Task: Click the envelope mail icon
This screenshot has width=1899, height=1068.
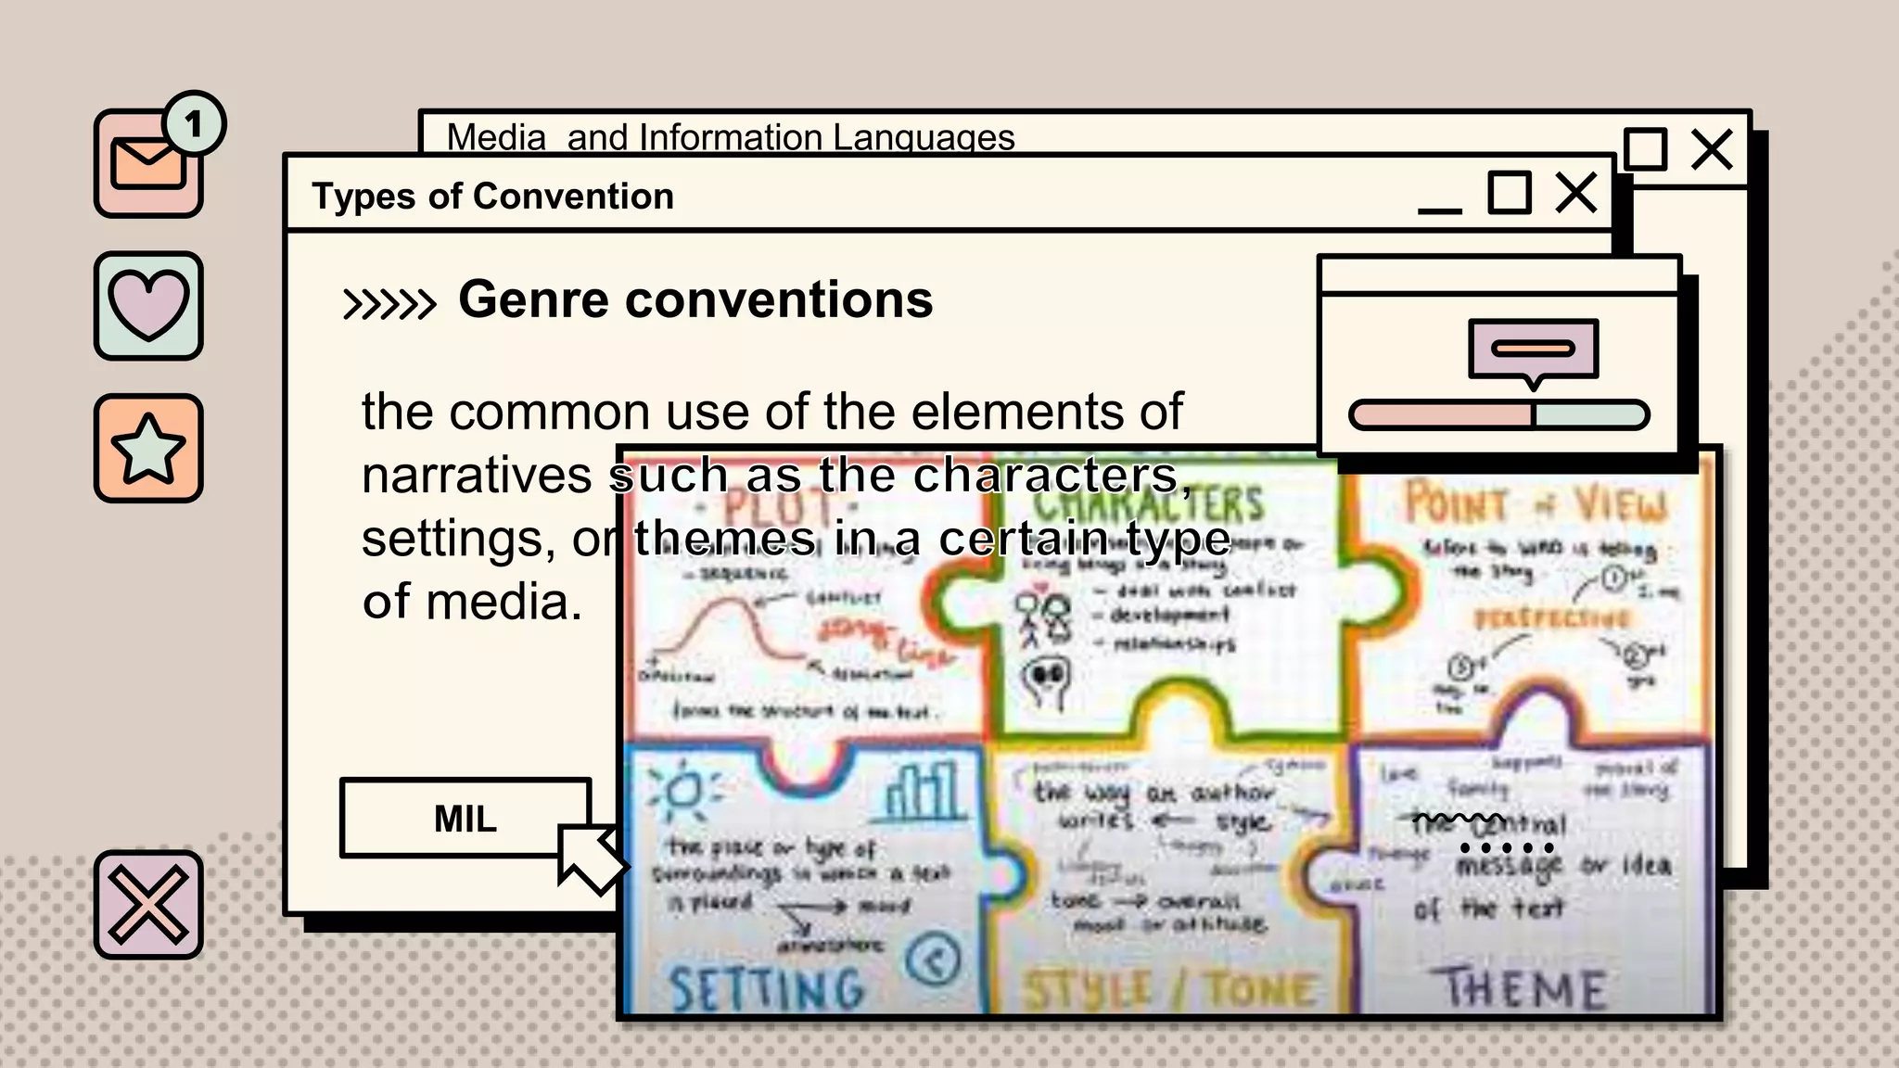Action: (147, 165)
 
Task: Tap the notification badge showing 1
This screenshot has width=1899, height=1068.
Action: (194, 123)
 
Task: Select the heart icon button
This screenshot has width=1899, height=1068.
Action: (148, 305)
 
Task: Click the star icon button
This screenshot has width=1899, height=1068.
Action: (148, 449)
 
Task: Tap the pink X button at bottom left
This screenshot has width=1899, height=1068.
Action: (148, 904)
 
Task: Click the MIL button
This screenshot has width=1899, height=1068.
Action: (465, 819)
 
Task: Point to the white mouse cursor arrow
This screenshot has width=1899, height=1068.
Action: (588, 858)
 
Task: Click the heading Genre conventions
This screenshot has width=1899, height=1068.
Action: (695, 299)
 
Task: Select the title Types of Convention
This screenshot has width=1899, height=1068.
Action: (492, 197)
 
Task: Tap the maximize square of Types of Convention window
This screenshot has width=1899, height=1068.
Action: (1509, 193)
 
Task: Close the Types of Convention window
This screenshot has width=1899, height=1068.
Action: (1575, 193)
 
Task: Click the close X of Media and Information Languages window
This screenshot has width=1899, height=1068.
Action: (1711, 149)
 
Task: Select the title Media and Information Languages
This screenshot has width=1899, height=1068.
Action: (730, 137)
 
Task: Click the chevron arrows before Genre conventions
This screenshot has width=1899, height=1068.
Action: (389, 303)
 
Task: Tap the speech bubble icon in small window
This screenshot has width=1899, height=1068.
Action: (1534, 350)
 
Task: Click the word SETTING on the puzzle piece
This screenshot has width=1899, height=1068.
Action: (766, 988)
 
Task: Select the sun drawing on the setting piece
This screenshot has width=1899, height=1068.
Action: (684, 791)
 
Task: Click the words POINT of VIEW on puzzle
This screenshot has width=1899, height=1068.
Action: (1535, 504)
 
